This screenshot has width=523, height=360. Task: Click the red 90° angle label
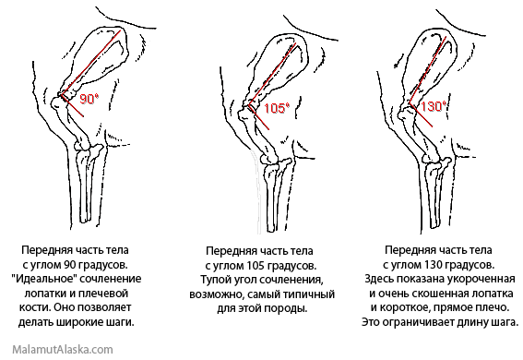(89, 99)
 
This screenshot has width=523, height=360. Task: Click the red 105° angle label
(277, 108)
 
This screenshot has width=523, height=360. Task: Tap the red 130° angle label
(434, 106)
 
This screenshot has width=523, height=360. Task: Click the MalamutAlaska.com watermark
(63, 350)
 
